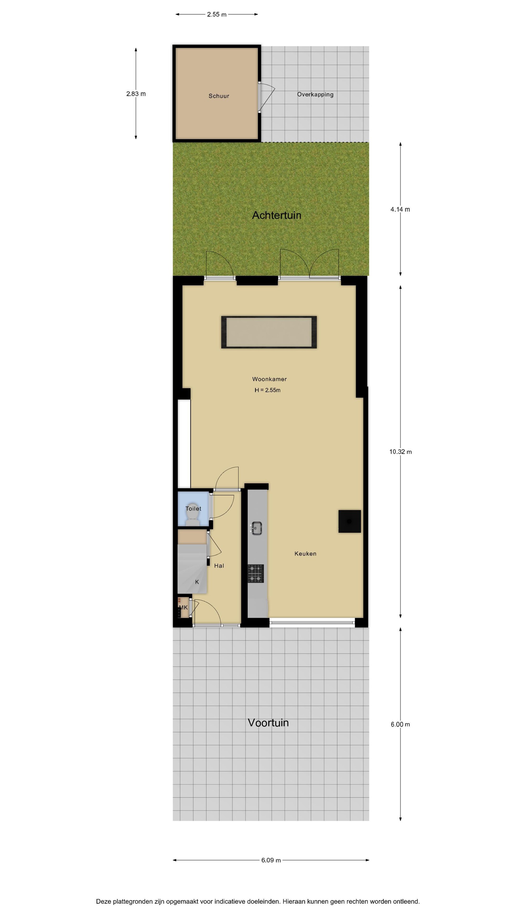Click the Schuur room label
(x=219, y=96)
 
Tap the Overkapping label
(x=315, y=95)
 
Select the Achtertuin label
(x=277, y=215)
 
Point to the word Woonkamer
(x=269, y=379)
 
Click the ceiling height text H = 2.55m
(x=268, y=390)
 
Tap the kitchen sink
(x=256, y=528)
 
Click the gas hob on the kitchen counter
(x=256, y=573)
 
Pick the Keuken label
(x=305, y=554)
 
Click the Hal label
(x=219, y=566)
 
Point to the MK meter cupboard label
(x=183, y=607)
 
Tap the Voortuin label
(x=268, y=723)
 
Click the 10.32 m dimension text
(x=400, y=452)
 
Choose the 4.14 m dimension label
(x=400, y=209)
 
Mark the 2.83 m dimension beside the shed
(x=136, y=94)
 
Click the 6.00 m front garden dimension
(x=400, y=724)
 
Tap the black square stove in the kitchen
(x=349, y=522)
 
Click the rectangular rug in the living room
(x=269, y=332)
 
